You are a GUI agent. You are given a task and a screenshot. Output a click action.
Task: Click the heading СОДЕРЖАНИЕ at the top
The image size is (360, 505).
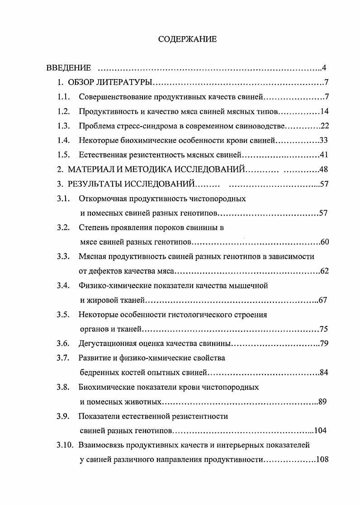187,39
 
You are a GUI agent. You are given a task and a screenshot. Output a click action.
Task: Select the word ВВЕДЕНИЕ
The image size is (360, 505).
69,68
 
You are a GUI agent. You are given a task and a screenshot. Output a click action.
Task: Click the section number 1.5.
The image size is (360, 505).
63,155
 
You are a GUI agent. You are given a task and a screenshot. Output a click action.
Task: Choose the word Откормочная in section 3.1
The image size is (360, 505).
103,198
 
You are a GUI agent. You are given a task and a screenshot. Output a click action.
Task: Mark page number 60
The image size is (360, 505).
324,242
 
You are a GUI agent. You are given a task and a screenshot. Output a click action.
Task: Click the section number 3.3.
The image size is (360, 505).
63,256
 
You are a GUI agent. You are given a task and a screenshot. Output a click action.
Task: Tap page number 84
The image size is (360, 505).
324,373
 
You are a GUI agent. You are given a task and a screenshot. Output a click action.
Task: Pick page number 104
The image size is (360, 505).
322,430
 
